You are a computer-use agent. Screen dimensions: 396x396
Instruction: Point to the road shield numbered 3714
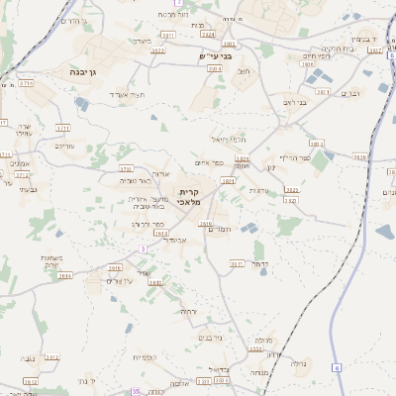point(27,84)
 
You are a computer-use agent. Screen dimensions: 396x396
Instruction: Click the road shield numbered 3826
point(359,157)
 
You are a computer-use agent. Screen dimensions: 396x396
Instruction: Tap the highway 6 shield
point(337,367)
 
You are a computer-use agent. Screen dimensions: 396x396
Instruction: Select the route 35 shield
point(135,392)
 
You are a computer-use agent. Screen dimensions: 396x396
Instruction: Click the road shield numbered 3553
point(255,348)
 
